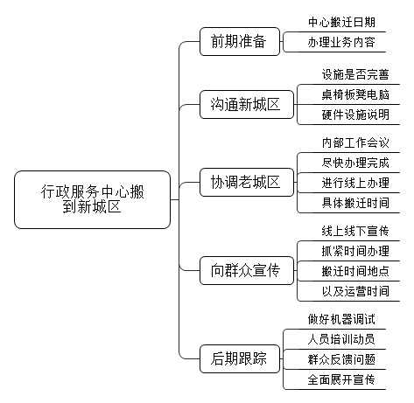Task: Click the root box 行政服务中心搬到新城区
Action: [92, 199]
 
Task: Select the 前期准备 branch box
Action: [240, 41]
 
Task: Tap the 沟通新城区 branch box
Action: [247, 104]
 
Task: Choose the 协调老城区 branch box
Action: [247, 182]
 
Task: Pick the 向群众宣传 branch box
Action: [247, 270]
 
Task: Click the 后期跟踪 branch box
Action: [240, 358]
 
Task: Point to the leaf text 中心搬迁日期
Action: [341, 23]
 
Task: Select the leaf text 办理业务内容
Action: [341, 43]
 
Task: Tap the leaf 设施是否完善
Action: [355, 75]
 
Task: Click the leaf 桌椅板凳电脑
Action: [355, 95]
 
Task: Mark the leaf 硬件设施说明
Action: [355, 115]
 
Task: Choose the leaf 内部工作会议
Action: [355, 143]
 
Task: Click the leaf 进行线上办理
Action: [355, 184]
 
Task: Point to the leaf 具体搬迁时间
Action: [355, 204]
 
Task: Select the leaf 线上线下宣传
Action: [355, 232]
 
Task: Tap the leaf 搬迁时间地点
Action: [355, 272]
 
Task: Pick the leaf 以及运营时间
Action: [355, 292]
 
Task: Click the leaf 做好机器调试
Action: [341, 320]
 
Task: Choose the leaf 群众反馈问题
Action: [341, 360]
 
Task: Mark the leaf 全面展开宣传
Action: [341, 380]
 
